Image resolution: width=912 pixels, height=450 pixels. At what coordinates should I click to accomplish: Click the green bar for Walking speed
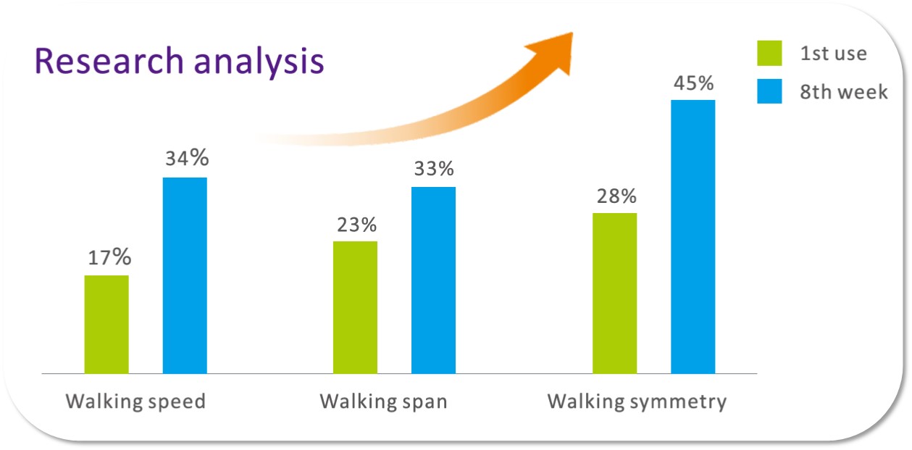[x=106, y=324]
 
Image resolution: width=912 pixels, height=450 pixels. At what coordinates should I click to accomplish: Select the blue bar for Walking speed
[x=185, y=275]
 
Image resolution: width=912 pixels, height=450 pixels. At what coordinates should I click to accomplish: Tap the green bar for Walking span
[x=355, y=307]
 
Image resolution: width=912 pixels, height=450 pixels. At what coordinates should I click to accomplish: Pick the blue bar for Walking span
[x=433, y=280]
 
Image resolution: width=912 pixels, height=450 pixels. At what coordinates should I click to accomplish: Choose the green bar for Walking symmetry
[x=615, y=293]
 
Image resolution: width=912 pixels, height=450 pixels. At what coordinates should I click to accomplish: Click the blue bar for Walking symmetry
[x=693, y=237]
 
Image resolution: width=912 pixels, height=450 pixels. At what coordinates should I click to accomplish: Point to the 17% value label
[x=109, y=257]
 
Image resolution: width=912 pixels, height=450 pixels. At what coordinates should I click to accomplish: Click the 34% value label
[x=187, y=158]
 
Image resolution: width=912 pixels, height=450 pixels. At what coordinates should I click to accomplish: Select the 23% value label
[x=357, y=225]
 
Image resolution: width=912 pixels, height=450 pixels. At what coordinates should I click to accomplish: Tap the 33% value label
[x=434, y=169]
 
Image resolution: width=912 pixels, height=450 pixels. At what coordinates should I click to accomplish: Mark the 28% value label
[x=616, y=196]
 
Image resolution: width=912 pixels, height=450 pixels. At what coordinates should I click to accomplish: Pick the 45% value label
[x=693, y=83]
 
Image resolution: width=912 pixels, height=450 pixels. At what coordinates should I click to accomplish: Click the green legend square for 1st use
[x=769, y=53]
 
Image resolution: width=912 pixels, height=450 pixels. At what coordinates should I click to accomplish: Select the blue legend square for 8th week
[x=769, y=91]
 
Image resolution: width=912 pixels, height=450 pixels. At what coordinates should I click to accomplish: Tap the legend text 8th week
[x=844, y=91]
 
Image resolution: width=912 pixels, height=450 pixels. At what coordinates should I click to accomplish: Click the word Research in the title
[x=109, y=61]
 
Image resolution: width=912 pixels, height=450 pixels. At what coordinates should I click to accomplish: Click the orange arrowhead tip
[x=573, y=33]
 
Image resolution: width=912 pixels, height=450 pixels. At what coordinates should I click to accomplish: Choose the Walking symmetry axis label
[x=637, y=402]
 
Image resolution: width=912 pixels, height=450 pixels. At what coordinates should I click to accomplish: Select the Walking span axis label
[x=383, y=402]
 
